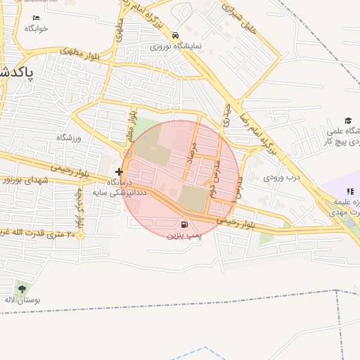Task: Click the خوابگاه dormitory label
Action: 36,29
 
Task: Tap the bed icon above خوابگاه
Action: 36,18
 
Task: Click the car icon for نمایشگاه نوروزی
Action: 175,35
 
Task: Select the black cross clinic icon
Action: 119,171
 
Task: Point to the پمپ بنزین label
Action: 181,236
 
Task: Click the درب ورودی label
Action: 282,177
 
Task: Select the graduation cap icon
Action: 347,120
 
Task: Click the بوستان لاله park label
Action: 22,300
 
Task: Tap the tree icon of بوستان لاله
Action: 22,288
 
